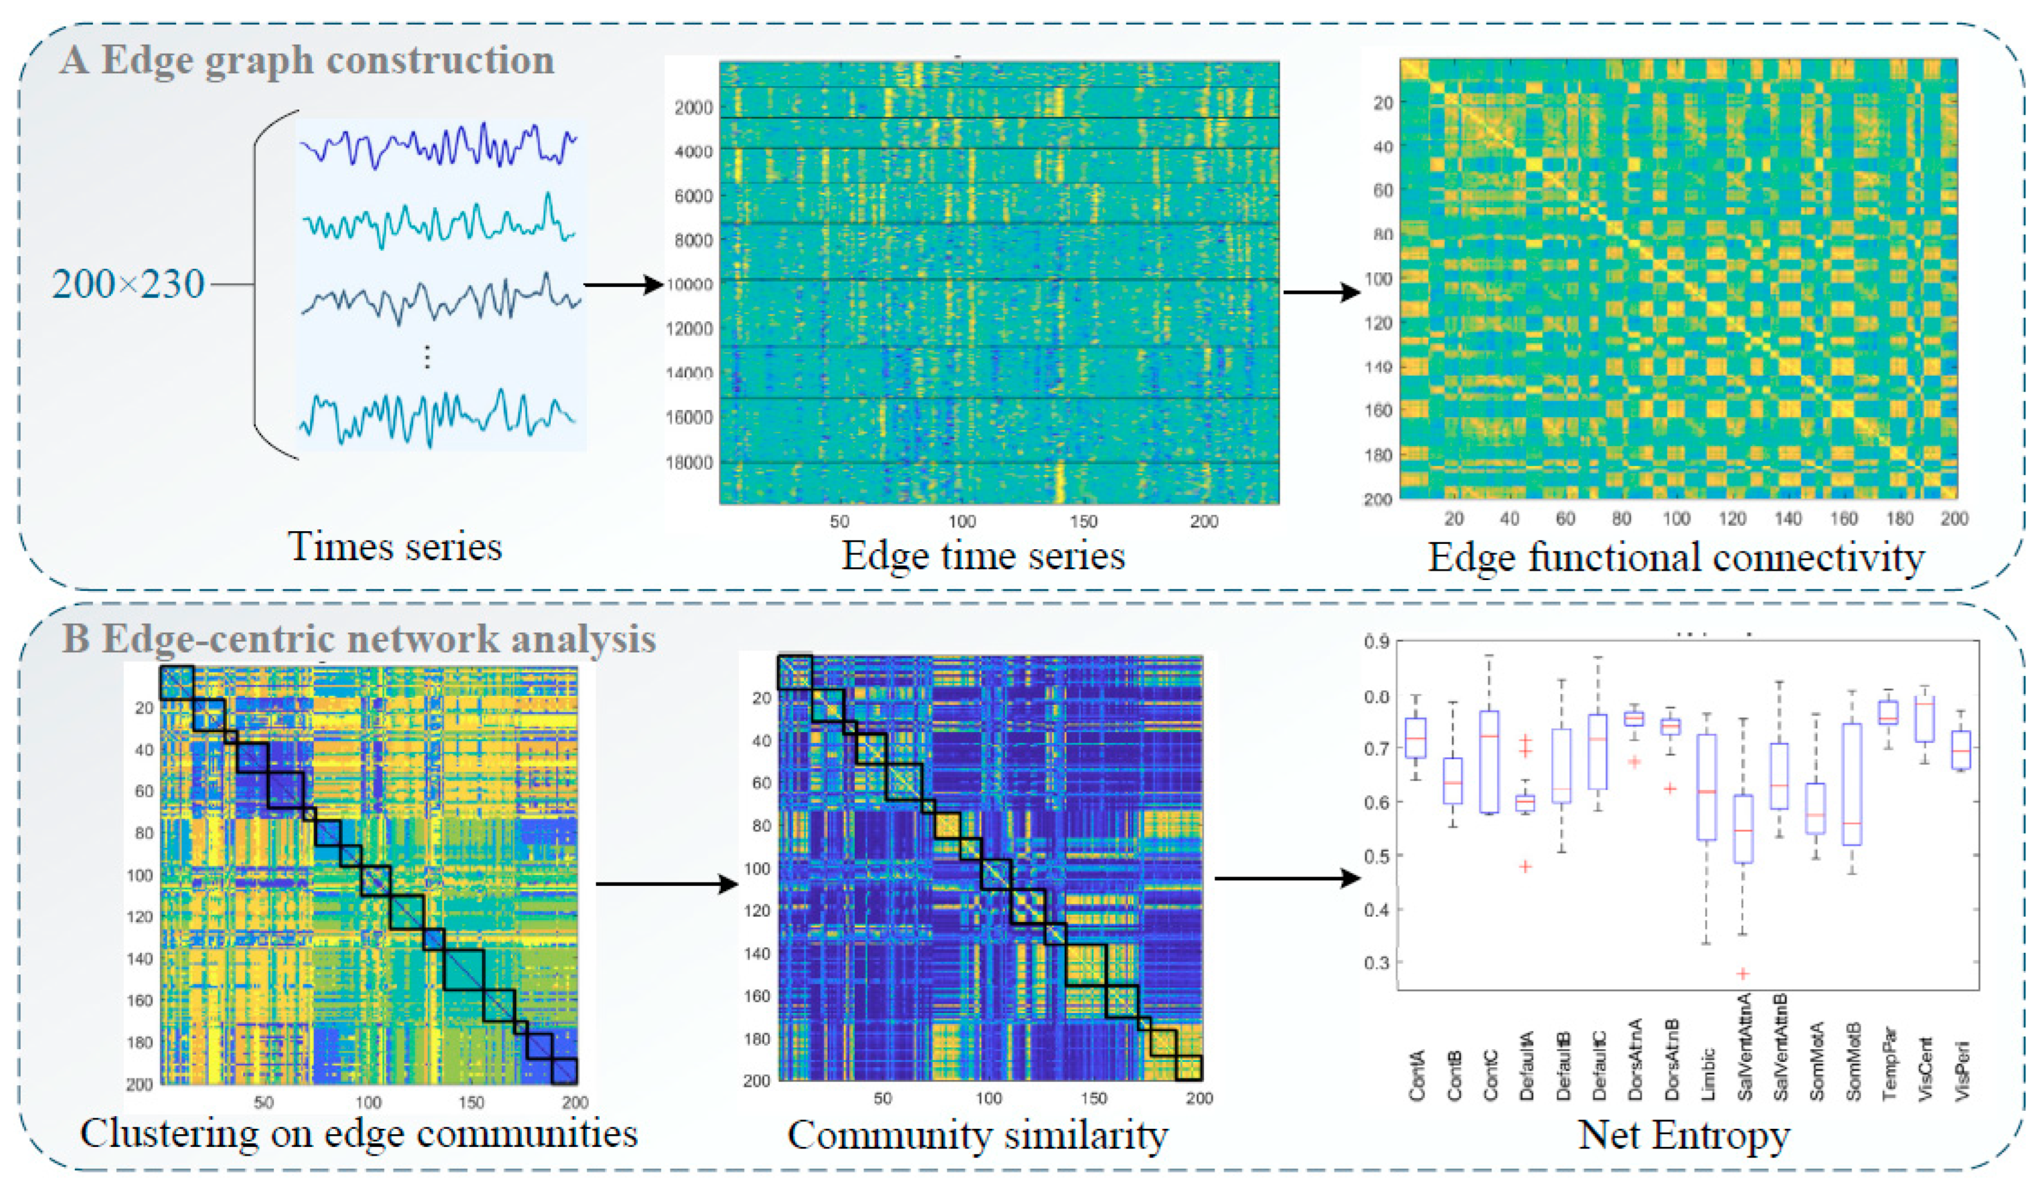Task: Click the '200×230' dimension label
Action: pos(128,284)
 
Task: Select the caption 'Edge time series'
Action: pos(983,556)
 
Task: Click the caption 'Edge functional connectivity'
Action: pos(1675,558)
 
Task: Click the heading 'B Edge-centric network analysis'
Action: pos(359,639)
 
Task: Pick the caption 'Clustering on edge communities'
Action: pos(359,1133)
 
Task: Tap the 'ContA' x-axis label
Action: pos(1416,1076)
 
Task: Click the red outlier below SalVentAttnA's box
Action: pos(1743,973)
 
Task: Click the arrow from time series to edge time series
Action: pos(623,284)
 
